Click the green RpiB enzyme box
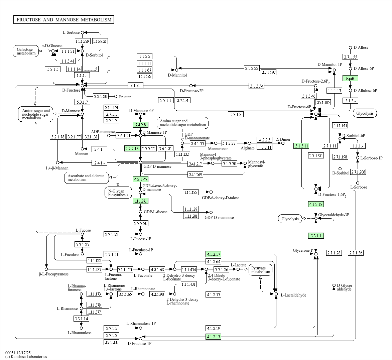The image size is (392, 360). [x=350, y=78]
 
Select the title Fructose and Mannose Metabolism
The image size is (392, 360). [x=64, y=20]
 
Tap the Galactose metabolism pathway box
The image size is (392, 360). [x=26, y=51]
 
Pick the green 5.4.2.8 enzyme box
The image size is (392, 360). [x=140, y=125]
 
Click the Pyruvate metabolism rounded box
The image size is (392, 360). [x=261, y=270]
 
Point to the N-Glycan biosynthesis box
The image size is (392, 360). [x=116, y=193]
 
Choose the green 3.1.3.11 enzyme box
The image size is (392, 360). [x=301, y=146]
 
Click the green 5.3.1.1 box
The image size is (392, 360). [x=316, y=236]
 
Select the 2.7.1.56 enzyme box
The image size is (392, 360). [x=355, y=253]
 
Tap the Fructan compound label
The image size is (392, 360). [x=125, y=97]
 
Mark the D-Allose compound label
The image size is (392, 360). [x=361, y=47]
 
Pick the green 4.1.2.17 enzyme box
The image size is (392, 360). [x=214, y=254]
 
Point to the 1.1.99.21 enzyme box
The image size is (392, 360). [x=100, y=41]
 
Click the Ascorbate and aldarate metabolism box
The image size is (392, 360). [x=86, y=177]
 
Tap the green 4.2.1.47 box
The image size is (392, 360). [x=140, y=179]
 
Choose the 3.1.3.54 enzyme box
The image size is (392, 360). [x=257, y=86]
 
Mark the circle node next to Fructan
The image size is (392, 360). [x=116, y=97]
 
